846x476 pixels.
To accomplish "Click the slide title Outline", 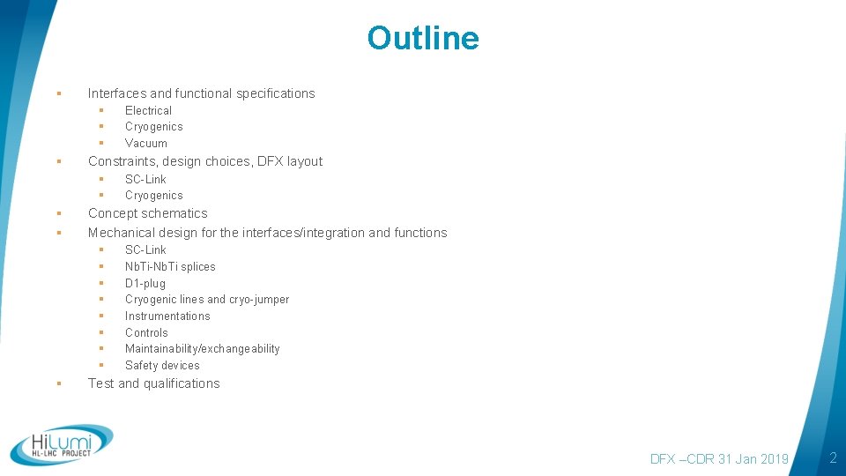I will coord(423,39).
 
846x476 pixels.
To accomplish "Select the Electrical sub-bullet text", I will coord(148,110).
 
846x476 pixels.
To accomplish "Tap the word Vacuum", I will coord(145,143).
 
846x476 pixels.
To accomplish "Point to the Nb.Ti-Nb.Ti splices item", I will coord(170,266).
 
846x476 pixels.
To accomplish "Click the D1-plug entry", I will coord(145,283).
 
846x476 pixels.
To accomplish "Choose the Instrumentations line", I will coord(167,316).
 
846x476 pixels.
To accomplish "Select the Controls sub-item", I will coord(146,332).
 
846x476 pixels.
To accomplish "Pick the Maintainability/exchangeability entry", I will coord(202,348).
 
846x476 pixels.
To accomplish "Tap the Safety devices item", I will coord(162,365).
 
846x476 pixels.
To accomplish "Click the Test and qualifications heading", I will coord(153,383).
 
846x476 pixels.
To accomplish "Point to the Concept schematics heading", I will coord(147,213).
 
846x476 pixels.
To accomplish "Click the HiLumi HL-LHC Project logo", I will coord(62,445).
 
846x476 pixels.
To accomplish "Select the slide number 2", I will coord(832,457).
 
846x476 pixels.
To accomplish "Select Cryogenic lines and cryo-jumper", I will coord(207,300).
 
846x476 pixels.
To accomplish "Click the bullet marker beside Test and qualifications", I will coord(57,383).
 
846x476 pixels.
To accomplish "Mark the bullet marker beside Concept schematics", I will coord(57,213).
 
